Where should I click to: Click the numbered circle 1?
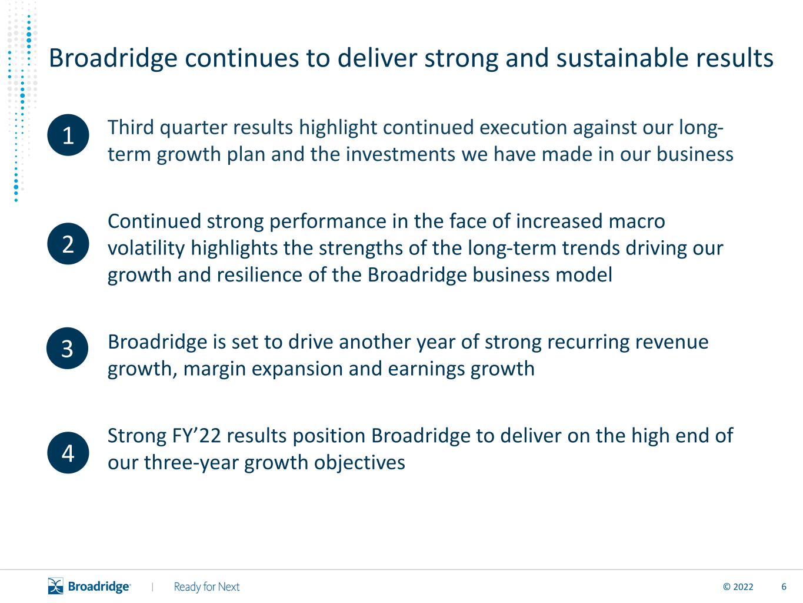(x=68, y=135)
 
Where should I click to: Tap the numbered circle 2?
(x=68, y=243)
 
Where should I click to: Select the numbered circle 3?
(x=67, y=348)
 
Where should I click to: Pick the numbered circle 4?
(x=68, y=452)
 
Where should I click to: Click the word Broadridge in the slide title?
(x=113, y=58)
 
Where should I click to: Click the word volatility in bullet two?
(x=146, y=249)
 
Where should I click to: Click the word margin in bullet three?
(x=214, y=369)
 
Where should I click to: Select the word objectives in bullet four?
(x=359, y=463)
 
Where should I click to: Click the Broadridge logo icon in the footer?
(x=56, y=586)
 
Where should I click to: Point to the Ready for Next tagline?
(x=206, y=587)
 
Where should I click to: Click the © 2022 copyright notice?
(x=738, y=587)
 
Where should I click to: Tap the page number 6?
(x=784, y=587)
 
